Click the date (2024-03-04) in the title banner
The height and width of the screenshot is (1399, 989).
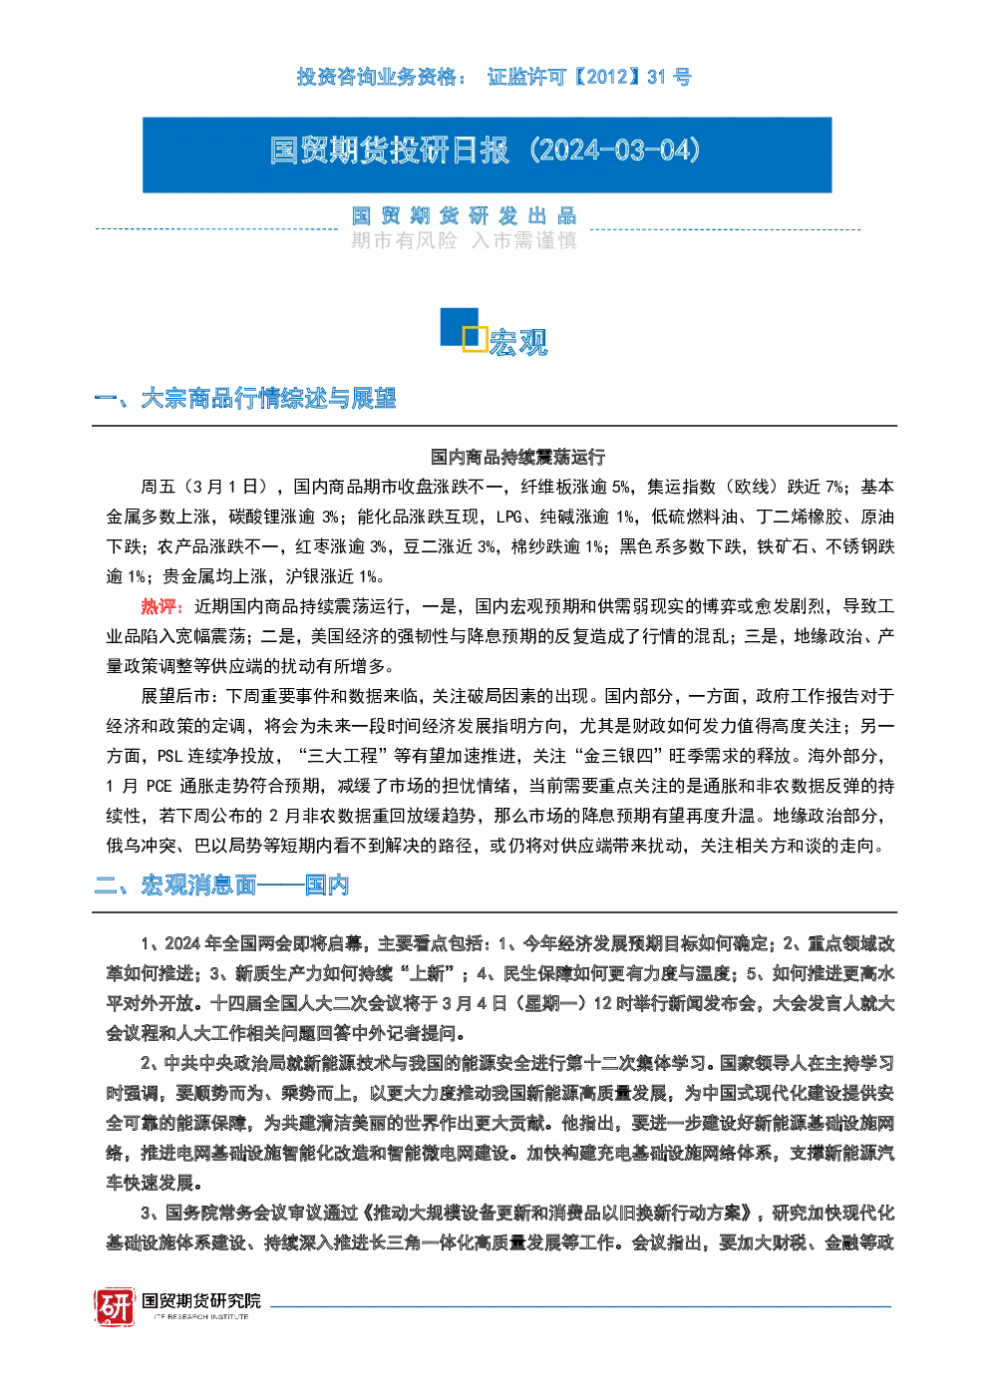615,151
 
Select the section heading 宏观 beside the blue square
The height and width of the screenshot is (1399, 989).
517,342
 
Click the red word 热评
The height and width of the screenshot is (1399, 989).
162,606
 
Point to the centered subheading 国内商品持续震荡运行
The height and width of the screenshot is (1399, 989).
517,457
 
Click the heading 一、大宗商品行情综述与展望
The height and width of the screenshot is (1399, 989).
244,399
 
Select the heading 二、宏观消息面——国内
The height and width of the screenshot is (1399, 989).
221,885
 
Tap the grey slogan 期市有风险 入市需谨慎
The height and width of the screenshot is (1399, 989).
464,240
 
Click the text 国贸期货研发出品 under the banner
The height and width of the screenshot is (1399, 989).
464,216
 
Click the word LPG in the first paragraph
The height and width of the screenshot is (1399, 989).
508,518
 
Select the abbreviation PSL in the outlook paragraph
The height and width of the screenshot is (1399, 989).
169,756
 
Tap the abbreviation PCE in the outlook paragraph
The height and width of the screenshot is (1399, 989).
159,787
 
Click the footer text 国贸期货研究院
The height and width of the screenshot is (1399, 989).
201,1301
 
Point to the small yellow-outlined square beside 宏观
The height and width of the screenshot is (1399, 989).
475,338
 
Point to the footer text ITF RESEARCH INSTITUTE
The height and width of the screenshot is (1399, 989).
201,1316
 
